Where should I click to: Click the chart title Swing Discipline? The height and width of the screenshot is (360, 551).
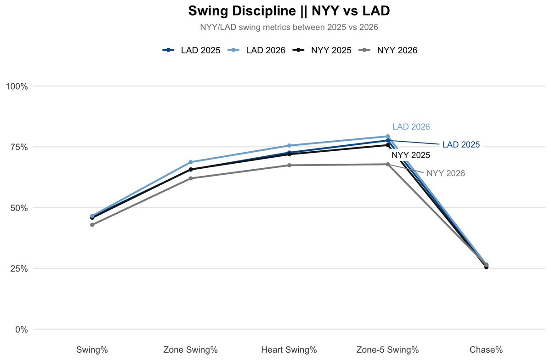click(289, 11)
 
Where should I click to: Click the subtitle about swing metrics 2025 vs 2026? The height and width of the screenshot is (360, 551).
click(289, 28)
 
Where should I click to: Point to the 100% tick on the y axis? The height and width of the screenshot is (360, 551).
click(17, 86)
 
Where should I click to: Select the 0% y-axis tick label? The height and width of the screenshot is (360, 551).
click(21, 330)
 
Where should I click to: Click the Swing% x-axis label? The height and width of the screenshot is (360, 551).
click(92, 350)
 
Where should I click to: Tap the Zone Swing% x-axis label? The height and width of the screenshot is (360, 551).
click(191, 350)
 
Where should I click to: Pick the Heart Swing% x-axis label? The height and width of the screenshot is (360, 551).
click(289, 350)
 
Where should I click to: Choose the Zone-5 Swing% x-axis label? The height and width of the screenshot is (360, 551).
click(388, 350)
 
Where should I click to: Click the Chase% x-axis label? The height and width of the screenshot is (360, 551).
click(486, 350)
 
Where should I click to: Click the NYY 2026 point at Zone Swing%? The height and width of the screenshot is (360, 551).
click(191, 178)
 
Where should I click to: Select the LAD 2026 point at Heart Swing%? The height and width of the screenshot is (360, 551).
click(290, 146)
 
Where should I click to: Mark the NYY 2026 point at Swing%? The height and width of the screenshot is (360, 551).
click(92, 225)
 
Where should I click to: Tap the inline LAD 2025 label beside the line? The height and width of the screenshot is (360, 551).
click(461, 145)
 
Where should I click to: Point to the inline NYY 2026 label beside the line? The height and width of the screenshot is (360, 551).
click(446, 173)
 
